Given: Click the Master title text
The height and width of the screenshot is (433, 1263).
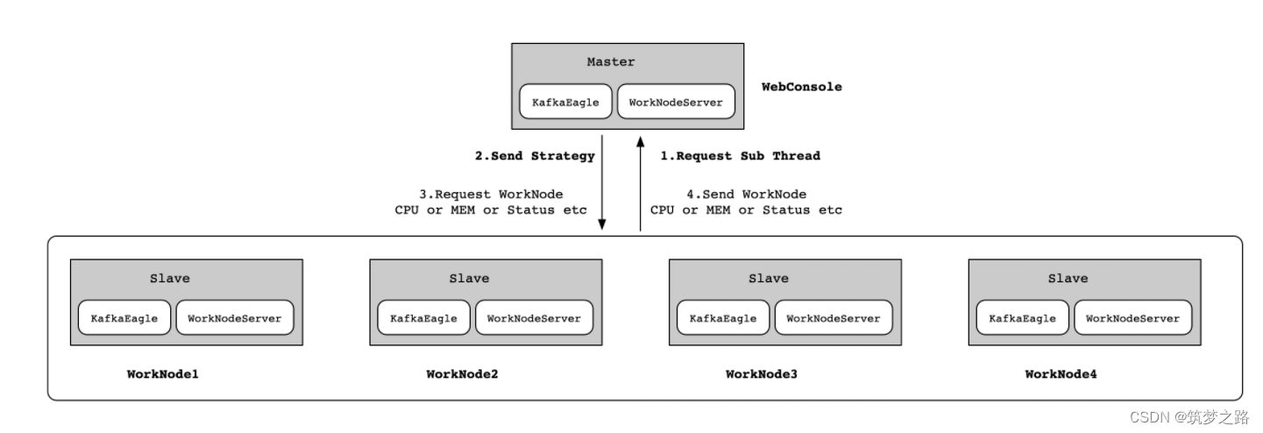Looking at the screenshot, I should click(611, 62).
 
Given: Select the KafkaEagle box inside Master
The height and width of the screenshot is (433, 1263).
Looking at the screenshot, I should click(565, 102).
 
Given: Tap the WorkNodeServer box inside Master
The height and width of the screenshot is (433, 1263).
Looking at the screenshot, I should click(676, 102).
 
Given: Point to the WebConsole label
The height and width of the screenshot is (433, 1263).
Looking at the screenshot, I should click(801, 87).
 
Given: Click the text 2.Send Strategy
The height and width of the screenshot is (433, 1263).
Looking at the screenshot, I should click(535, 156).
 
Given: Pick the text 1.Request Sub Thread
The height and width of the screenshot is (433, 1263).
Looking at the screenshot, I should click(740, 156).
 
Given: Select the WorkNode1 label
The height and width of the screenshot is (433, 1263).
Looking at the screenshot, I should click(163, 374).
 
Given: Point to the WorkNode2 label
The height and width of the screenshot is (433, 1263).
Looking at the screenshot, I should click(462, 374).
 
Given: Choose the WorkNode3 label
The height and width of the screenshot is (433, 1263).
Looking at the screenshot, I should click(762, 374).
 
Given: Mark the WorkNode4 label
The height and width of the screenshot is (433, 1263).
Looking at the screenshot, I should click(1061, 374).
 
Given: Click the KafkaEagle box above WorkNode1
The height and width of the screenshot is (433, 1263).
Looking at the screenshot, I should click(124, 318).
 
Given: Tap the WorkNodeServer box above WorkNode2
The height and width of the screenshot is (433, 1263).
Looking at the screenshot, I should click(534, 318).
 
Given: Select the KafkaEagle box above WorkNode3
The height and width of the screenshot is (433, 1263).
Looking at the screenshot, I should click(723, 318).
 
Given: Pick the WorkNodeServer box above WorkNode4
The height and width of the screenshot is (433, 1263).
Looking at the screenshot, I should click(1132, 318).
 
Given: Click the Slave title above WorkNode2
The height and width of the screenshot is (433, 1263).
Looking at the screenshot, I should click(469, 279).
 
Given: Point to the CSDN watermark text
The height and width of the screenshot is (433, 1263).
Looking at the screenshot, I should click(1188, 416).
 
